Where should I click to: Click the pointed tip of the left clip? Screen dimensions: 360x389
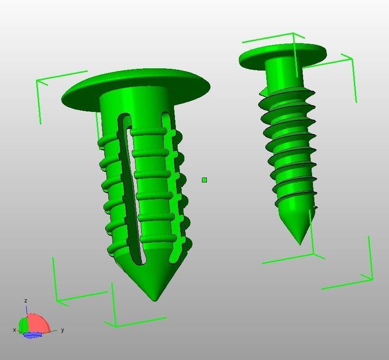point(156,299)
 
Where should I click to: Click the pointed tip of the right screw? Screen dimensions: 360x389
point(300,244)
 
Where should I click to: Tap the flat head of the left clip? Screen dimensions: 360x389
point(135,85)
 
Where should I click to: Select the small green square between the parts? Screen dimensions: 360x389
point(205,180)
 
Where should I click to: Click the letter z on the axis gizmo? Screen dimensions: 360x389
point(26,301)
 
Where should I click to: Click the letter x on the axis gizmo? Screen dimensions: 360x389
point(14,330)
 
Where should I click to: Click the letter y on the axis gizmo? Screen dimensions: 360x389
point(63,330)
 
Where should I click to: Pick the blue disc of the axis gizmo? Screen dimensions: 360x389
point(32,335)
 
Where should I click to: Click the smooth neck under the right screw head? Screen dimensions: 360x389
point(283,74)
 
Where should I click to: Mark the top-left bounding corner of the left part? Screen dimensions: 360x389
point(38,81)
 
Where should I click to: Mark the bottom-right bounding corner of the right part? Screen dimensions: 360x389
point(372,279)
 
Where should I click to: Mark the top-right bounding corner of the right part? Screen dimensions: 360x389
point(351,58)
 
